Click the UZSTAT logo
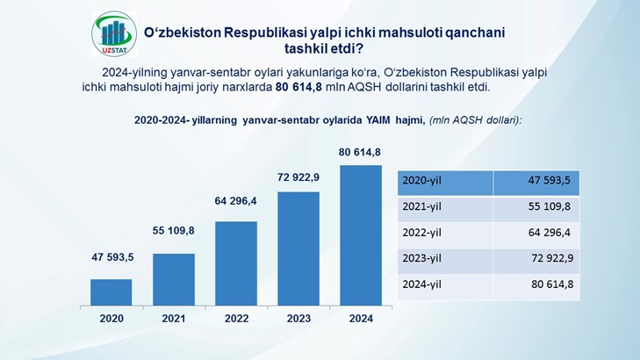pyautogui.click(x=114, y=34)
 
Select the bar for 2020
pyautogui.click(x=111, y=292)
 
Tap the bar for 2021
pyautogui.click(x=174, y=279)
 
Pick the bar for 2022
pyautogui.click(x=236, y=263)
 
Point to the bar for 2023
pyautogui.click(x=298, y=248)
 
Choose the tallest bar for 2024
pyautogui.click(x=361, y=235)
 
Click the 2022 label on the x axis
pyautogui.click(x=236, y=319)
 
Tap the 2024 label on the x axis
pyautogui.click(x=361, y=319)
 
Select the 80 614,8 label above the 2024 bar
pyautogui.click(x=360, y=152)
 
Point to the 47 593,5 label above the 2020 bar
pyautogui.click(x=112, y=257)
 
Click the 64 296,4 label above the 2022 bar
pyautogui.click(x=235, y=201)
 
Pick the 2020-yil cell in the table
pyautogui.click(x=445, y=183)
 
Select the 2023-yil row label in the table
pyautogui.click(x=421, y=258)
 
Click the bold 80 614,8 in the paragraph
pyautogui.click(x=298, y=87)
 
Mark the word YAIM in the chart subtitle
pyautogui.click(x=378, y=120)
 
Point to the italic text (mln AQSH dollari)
pyautogui.click(x=476, y=120)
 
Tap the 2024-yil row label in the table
pyautogui.click(x=421, y=284)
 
